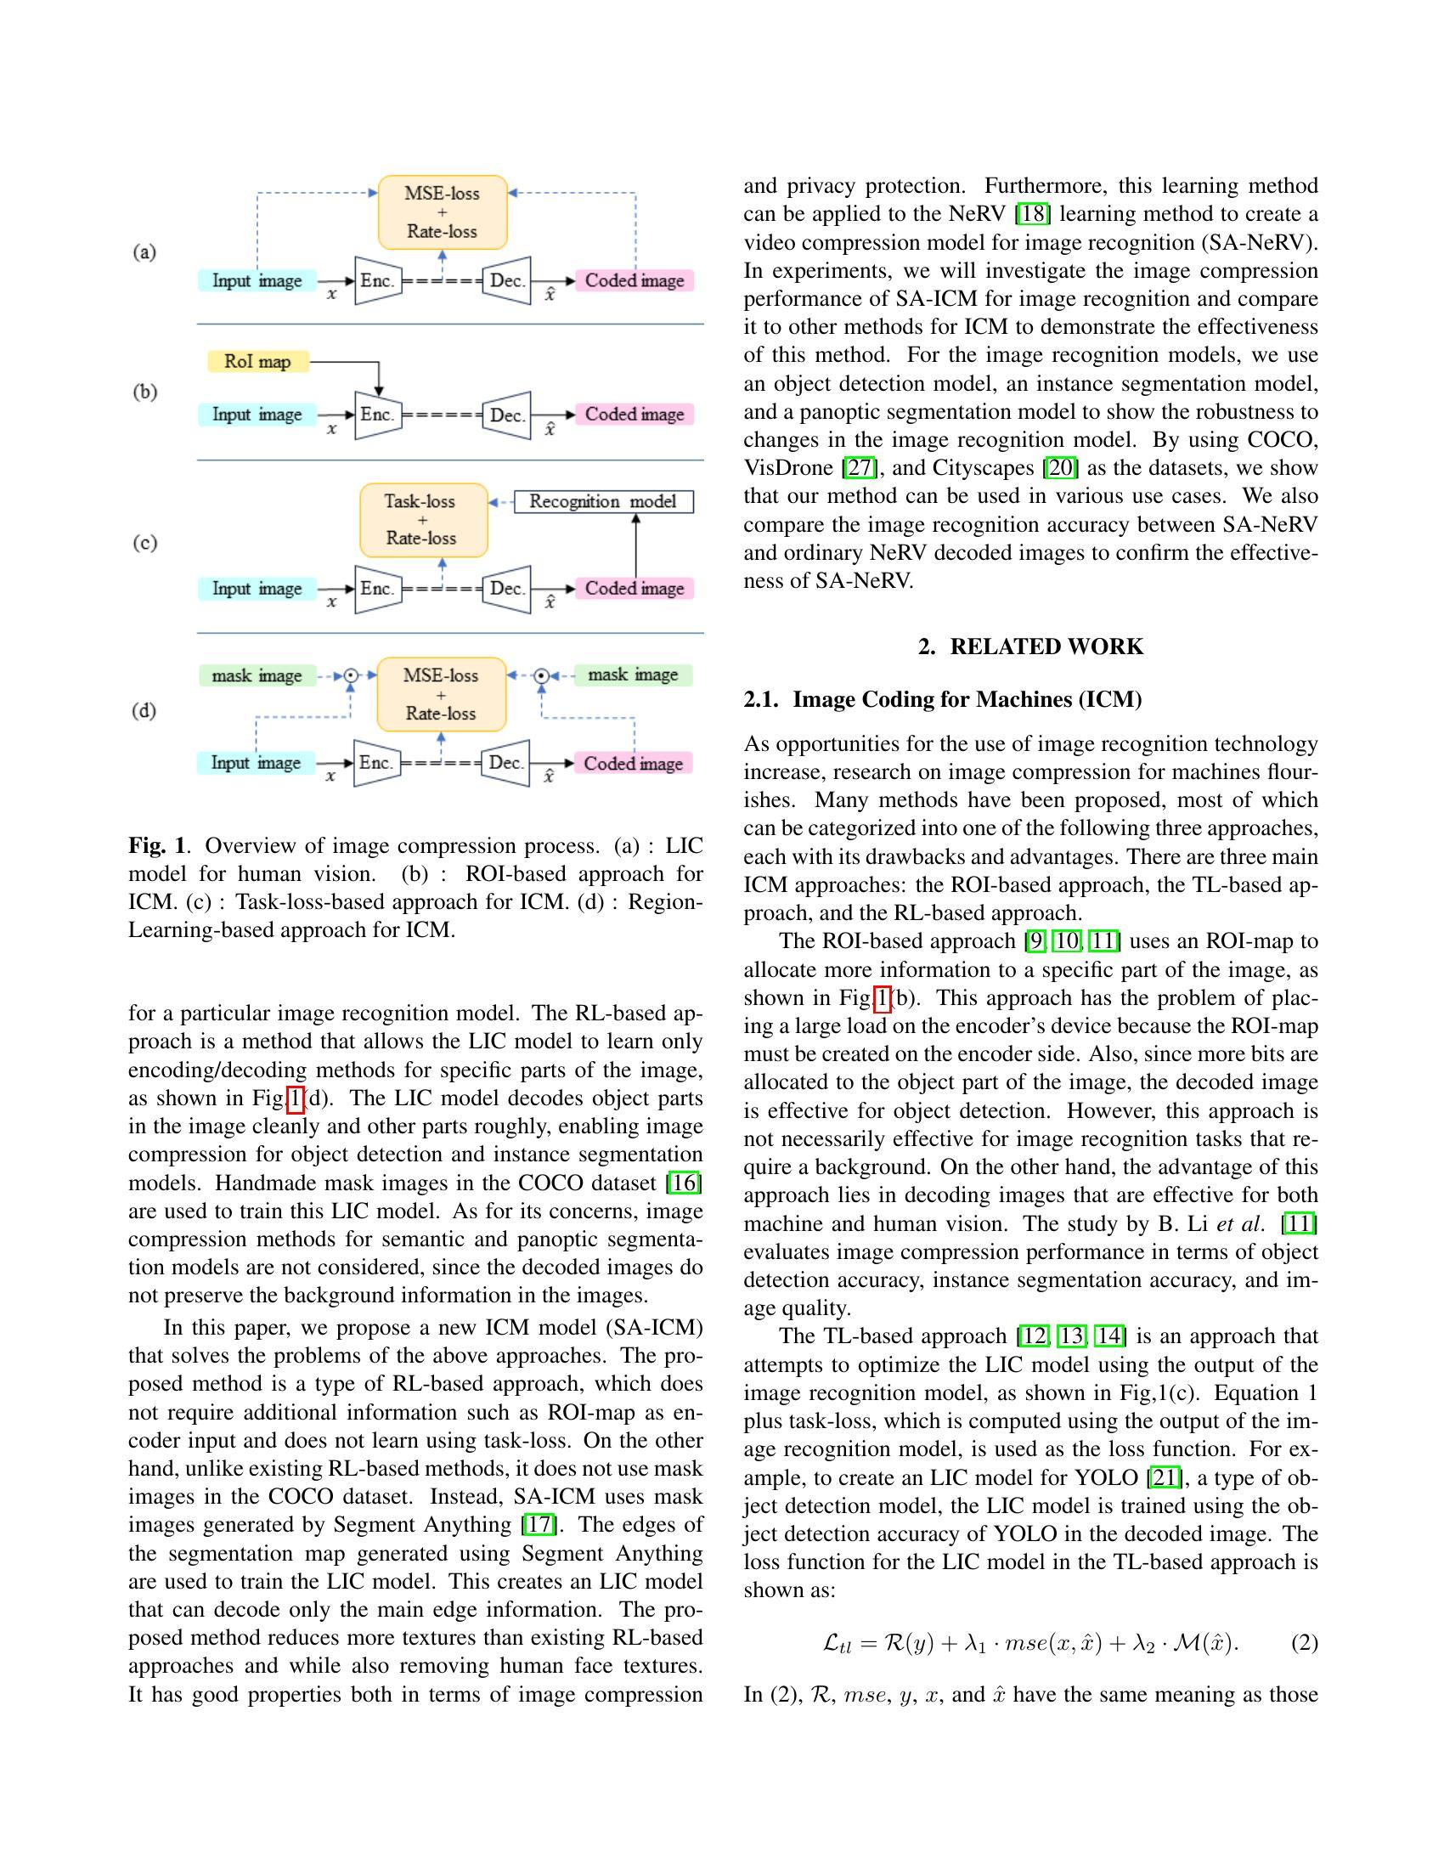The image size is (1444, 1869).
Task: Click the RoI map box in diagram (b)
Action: point(257,361)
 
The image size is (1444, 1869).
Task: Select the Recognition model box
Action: point(603,501)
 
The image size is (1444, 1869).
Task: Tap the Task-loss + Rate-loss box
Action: point(424,519)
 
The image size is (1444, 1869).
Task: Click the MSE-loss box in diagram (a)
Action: point(443,212)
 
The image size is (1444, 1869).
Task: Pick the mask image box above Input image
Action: point(257,675)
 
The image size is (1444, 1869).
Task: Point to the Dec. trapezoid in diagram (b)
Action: point(506,415)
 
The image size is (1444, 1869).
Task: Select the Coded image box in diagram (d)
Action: point(633,764)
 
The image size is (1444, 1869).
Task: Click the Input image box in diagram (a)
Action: point(257,280)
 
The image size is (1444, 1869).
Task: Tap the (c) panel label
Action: point(145,543)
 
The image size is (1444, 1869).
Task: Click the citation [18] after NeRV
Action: point(1033,214)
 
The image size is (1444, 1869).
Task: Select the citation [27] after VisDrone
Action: point(860,468)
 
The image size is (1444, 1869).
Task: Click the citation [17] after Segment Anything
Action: point(539,1524)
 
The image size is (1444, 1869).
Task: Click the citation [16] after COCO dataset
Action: point(685,1183)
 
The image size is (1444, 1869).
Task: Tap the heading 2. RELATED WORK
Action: point(1030,647)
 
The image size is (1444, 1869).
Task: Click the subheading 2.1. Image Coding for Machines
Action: point(943,699)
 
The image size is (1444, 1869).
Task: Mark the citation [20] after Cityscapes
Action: point(1060,468)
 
